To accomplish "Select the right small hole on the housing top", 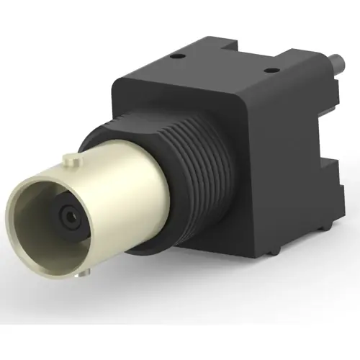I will (x=271, y=71).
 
